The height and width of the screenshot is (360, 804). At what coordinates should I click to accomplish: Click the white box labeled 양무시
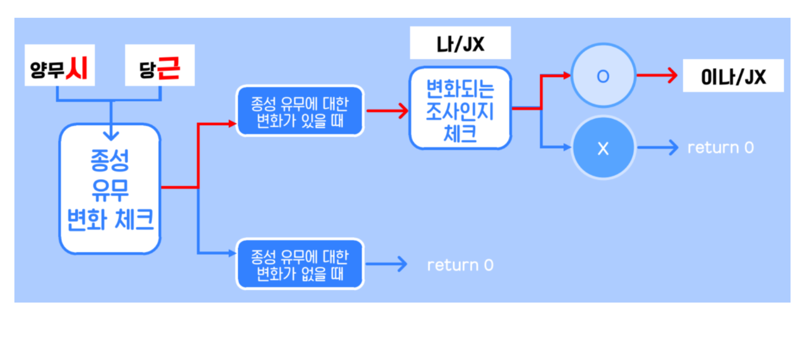(59, 65)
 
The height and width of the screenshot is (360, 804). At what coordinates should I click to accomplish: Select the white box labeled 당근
(160, 65)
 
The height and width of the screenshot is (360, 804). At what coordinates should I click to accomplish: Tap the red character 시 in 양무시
(77, 68)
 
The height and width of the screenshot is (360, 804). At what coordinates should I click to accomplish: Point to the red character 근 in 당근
(169, 68)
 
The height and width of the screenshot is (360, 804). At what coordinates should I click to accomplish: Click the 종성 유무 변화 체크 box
(110, 189)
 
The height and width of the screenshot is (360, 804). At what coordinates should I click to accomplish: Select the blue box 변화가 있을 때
(300, 111)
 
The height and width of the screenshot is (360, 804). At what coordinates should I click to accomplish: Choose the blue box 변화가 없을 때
(300, 264)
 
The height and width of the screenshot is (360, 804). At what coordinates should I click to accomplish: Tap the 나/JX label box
(460, 43)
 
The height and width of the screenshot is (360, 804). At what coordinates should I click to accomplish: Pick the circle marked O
(603, 75)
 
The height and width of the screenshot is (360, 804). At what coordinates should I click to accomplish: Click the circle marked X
(603, 148)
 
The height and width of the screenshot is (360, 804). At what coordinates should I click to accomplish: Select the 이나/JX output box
(733, 76)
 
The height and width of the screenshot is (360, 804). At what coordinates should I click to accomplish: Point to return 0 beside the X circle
(720, 148)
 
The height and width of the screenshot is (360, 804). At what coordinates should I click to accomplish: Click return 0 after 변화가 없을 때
(460, 265)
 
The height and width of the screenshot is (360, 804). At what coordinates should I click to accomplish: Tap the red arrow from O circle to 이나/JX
(656, 75)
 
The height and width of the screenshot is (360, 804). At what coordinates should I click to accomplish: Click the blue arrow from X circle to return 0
(657, 148)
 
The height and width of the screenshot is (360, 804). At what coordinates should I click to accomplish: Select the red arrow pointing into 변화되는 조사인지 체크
(387, 111)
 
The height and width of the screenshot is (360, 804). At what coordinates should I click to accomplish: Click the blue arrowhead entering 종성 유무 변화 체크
(111, 135)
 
